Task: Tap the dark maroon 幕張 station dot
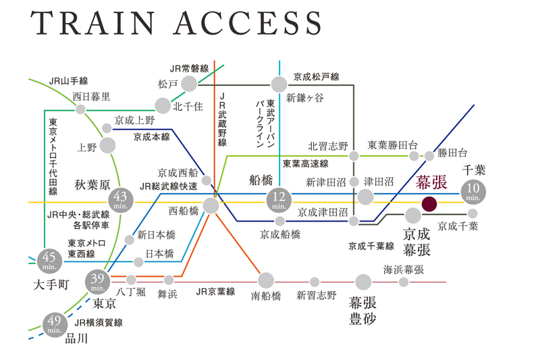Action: point(429,202)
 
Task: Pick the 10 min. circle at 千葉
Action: point(473,192)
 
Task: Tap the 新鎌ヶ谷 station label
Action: point(304,99)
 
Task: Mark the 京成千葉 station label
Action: point(458,226)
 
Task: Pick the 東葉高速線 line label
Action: point(305,163)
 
